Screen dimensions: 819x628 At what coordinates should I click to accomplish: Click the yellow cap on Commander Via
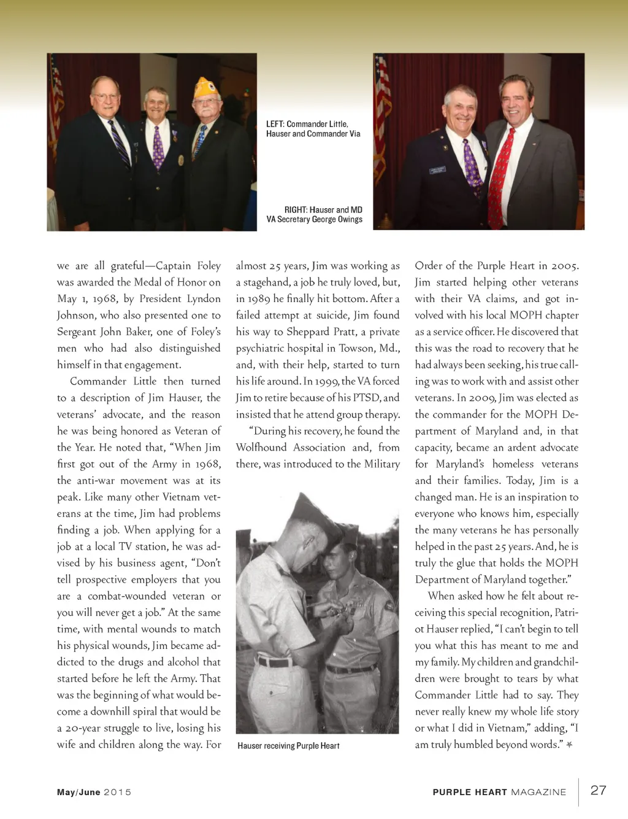pos(206,88)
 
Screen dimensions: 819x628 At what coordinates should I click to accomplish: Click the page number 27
pos(598,790)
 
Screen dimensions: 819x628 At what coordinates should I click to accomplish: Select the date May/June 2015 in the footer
pos(94,792)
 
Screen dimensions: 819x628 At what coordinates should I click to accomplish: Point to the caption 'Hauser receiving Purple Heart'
pos(288,745)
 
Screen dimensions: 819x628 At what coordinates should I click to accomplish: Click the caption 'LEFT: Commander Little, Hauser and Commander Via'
pos(313,129)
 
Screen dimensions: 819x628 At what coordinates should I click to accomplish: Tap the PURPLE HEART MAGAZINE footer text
pos(499,792)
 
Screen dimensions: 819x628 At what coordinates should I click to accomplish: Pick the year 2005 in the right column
pos(564,266)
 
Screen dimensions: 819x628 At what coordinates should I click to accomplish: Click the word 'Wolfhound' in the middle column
pos(261,448)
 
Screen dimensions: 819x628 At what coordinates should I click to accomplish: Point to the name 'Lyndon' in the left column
pos(204,299)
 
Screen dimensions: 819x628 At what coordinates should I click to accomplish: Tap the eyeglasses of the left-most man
pos(105,97)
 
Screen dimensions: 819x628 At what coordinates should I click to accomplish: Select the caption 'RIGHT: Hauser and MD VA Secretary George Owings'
pos(315,214)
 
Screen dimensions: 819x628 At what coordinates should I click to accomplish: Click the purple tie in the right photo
pos(472,166)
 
